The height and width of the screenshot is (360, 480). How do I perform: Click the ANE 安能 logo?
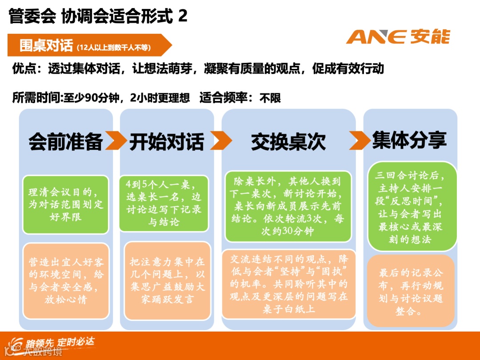click(x=398, y=36)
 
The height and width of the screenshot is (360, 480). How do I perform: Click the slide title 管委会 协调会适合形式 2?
click(x=98, y=16)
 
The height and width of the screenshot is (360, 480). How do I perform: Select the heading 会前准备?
click(x=65, y=141)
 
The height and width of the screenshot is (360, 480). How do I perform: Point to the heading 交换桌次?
click(x=288, y=141)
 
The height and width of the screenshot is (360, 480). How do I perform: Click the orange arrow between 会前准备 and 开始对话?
click(x=116, y=141)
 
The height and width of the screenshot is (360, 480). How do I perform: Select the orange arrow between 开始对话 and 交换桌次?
click(x=220, y=141)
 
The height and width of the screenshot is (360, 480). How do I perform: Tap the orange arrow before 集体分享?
click(x=359, y=140)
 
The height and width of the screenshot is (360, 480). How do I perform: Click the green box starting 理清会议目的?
click(x=66, y=204)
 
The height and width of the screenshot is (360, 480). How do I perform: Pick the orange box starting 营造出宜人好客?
click(x=66, y=280)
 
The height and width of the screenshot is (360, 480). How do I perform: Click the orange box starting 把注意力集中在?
click(x=167, y=280)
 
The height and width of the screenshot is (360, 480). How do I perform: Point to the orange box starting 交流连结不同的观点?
click(x=288, y=284)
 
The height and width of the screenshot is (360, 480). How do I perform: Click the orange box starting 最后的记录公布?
click(x=411, y=291)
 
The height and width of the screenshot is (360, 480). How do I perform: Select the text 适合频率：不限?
click(x=240, y=98)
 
